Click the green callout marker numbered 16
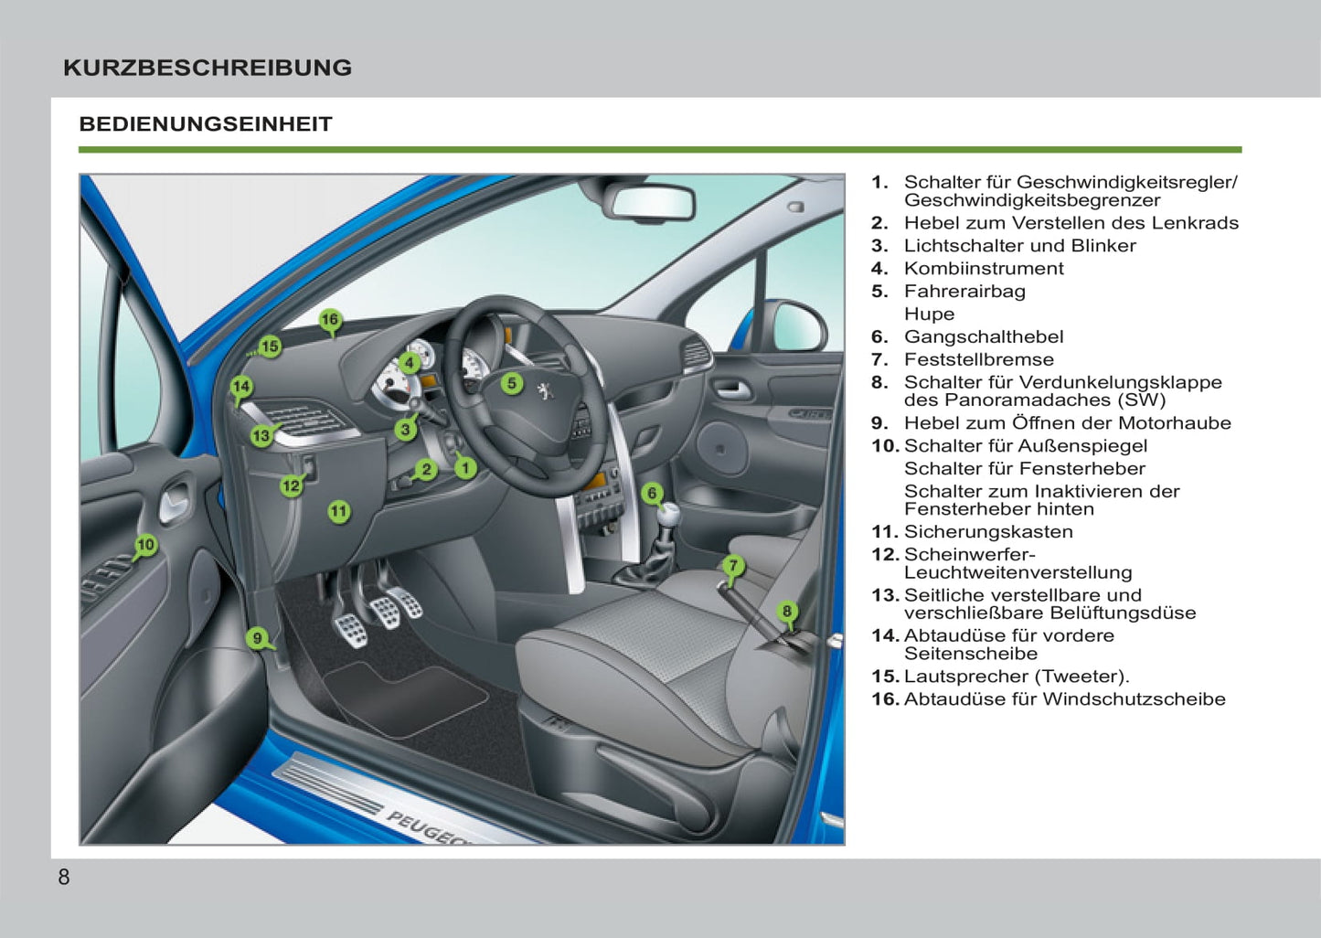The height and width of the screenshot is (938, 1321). point(330,320)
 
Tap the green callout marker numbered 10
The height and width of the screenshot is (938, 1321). point(145,546)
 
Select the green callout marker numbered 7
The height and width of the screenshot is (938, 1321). point(732,566)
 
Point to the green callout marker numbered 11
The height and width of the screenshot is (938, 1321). point(339,512)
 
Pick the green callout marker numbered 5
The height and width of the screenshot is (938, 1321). point(512,384)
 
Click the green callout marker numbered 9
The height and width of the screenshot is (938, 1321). point(257,638)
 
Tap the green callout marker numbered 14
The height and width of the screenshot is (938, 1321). point(240,387)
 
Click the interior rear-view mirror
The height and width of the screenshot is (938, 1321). point(653,202)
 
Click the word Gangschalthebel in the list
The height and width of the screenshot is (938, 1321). point(983,337)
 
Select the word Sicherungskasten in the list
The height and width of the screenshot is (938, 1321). point(987,532)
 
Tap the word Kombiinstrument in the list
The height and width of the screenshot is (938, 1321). point(983,269)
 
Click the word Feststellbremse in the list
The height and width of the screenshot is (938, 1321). point(978,360)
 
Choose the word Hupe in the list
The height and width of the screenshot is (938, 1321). point(929,314)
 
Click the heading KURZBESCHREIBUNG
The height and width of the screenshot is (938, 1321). point(208,68)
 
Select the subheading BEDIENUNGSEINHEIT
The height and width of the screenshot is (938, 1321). point(206,124)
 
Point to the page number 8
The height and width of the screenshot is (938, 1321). point(63,878)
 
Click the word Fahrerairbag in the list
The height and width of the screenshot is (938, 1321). point(964,292)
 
